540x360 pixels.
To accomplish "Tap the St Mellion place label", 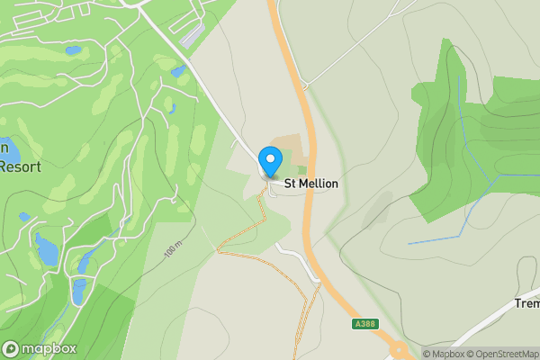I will (310, 184).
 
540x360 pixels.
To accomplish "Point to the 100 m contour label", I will (174, 249).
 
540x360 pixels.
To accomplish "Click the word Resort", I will (22, 166).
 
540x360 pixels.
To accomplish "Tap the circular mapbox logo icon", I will (12, 348).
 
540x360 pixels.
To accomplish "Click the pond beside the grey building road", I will (178, 69).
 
